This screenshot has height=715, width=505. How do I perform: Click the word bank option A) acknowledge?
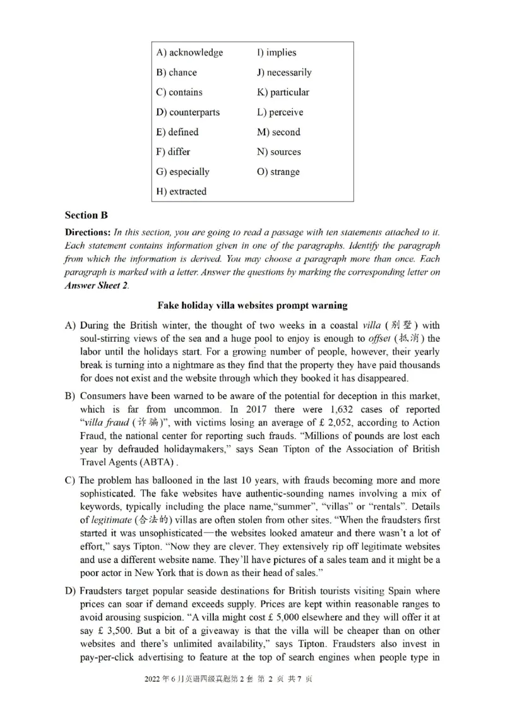pyautogui.click(x=189, y=52)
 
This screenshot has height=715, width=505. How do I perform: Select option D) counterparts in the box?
pyautogui.click(x=188, y=112)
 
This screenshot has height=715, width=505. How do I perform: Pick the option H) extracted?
pyautogui.click(x=181, y=191)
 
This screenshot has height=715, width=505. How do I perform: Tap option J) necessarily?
pyautogui.click(x=284, y=72)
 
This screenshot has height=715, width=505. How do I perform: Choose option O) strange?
pyautogui.click(x=278, y=172)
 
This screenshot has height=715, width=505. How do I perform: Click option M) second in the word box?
pyautogui.click(x=278, y=132)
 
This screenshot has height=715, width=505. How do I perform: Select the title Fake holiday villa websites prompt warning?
pyautogui.click(x=252, y=305)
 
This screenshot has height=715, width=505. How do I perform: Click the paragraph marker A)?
pyautogui.click(x=71, y=326)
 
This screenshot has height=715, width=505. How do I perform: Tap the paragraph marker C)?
pyautogui.click(x=71, y=476)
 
